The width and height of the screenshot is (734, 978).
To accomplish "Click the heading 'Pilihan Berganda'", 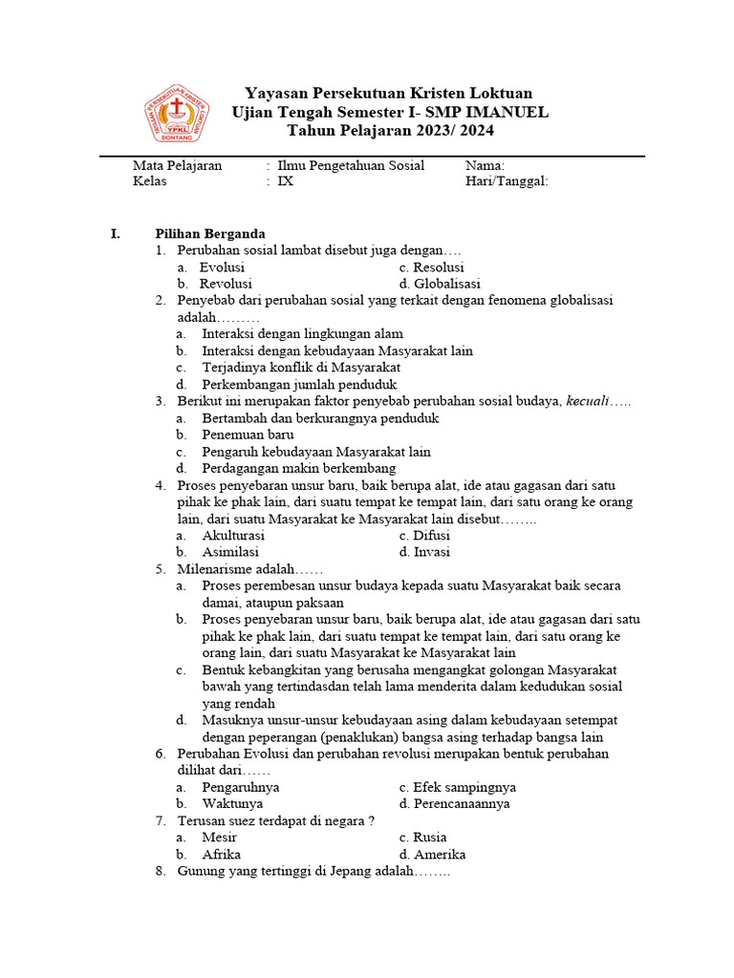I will pos(210,234).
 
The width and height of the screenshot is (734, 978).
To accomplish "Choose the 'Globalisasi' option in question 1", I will pos(440,284).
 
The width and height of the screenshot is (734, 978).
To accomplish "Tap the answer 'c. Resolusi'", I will pos(432,267).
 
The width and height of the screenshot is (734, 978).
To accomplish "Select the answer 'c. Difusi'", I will pos(425,536).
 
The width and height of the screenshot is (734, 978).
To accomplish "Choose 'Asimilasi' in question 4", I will pos(230,552).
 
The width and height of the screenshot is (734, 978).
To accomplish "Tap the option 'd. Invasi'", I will pos(425,552).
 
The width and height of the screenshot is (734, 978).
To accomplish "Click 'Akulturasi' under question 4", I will pos(233,536).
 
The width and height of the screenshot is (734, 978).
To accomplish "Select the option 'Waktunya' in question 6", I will pos(232,803).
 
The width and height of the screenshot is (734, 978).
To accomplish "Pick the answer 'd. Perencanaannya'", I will pos(455,803).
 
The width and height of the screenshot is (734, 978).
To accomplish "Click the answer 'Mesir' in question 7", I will pos(220,838).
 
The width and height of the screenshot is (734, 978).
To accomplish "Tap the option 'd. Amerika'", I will pos(433,854).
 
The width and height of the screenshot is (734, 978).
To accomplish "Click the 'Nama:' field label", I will pos(485,165).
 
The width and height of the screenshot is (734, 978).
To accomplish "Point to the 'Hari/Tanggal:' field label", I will pos(507,181).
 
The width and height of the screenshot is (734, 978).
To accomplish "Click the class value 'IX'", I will pos(286,181).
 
